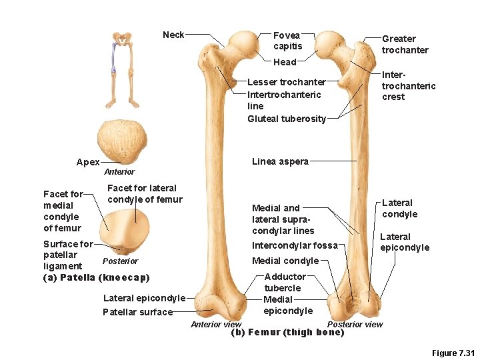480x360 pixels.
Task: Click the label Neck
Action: coord(173,35)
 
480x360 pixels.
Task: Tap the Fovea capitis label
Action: coord(287,41)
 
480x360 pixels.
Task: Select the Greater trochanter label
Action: coord(405,45)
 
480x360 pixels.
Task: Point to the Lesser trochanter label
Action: coord(286,82)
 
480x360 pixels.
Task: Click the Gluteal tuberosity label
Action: coord(287,119)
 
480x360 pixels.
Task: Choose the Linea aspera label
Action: coord(280,161)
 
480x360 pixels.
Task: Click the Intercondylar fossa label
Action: coord(295,245)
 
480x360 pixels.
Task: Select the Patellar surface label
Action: coord(137,312)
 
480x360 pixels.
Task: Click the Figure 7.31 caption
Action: coord(453,353)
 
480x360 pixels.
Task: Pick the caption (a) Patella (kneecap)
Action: coord(96,277)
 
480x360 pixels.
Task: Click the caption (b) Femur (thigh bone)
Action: coord(287,332)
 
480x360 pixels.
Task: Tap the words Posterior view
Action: coord(355,324)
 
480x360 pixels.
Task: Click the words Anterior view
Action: coord(216,325)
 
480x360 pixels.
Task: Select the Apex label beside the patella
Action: coord(88,162)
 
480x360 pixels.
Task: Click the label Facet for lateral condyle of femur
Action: coord(144,194)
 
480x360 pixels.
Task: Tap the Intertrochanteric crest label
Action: coord(408,86)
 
